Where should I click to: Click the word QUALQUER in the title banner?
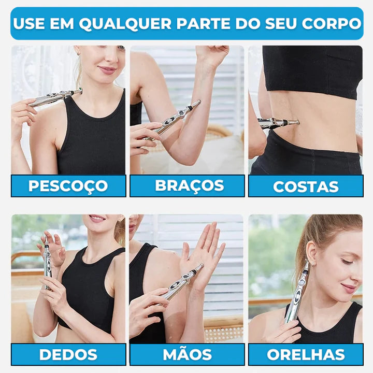125,24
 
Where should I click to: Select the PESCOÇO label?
68,186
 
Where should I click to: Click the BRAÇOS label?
190,185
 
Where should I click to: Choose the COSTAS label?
306,187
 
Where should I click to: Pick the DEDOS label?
68,354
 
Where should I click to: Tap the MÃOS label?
187,354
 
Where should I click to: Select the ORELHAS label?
306,354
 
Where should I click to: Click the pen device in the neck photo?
55,98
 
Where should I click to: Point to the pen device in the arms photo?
172,120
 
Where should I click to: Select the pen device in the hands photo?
182,282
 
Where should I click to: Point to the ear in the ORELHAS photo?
311,252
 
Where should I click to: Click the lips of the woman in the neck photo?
107,70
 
